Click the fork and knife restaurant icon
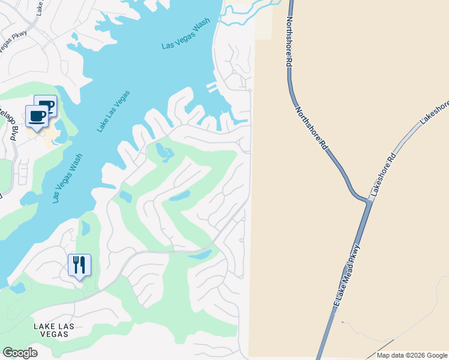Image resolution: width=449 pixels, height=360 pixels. pyautogui.click(x=79, y=265)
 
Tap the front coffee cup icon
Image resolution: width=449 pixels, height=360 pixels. pyautogui.click(x=37, y=116)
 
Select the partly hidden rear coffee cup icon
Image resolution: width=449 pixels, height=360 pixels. pyautogui.click(x=49, y=104)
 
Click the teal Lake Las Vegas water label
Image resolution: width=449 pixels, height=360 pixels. pyautogui.click(x=113, y=112)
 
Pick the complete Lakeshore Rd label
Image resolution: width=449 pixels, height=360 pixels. pyautogui.click(x=384, y=175)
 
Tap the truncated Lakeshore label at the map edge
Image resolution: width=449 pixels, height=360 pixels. pyautogui.click(x=435, y=112)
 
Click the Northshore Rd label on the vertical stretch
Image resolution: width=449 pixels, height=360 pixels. pyautogui.click(x=288, y=41)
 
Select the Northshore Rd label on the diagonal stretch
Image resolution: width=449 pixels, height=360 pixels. pyautogui.click(x=310, y=127)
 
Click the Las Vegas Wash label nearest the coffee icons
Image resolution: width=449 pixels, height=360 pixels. pyautogui.click(x=67, y=178)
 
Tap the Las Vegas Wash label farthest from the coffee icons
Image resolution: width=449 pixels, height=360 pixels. pyautogui.click(x=185, y=37)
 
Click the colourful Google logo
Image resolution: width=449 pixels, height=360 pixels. pyautogui.click(x=20, y=352)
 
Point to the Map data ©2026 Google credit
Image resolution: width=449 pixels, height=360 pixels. pyautogui.click(x=412, y=355)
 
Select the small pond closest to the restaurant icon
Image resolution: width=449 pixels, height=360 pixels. pyautogui.click(x=85, y=228)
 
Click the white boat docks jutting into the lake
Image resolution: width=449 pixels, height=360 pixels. pyautogui.click(x=211, y=88)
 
